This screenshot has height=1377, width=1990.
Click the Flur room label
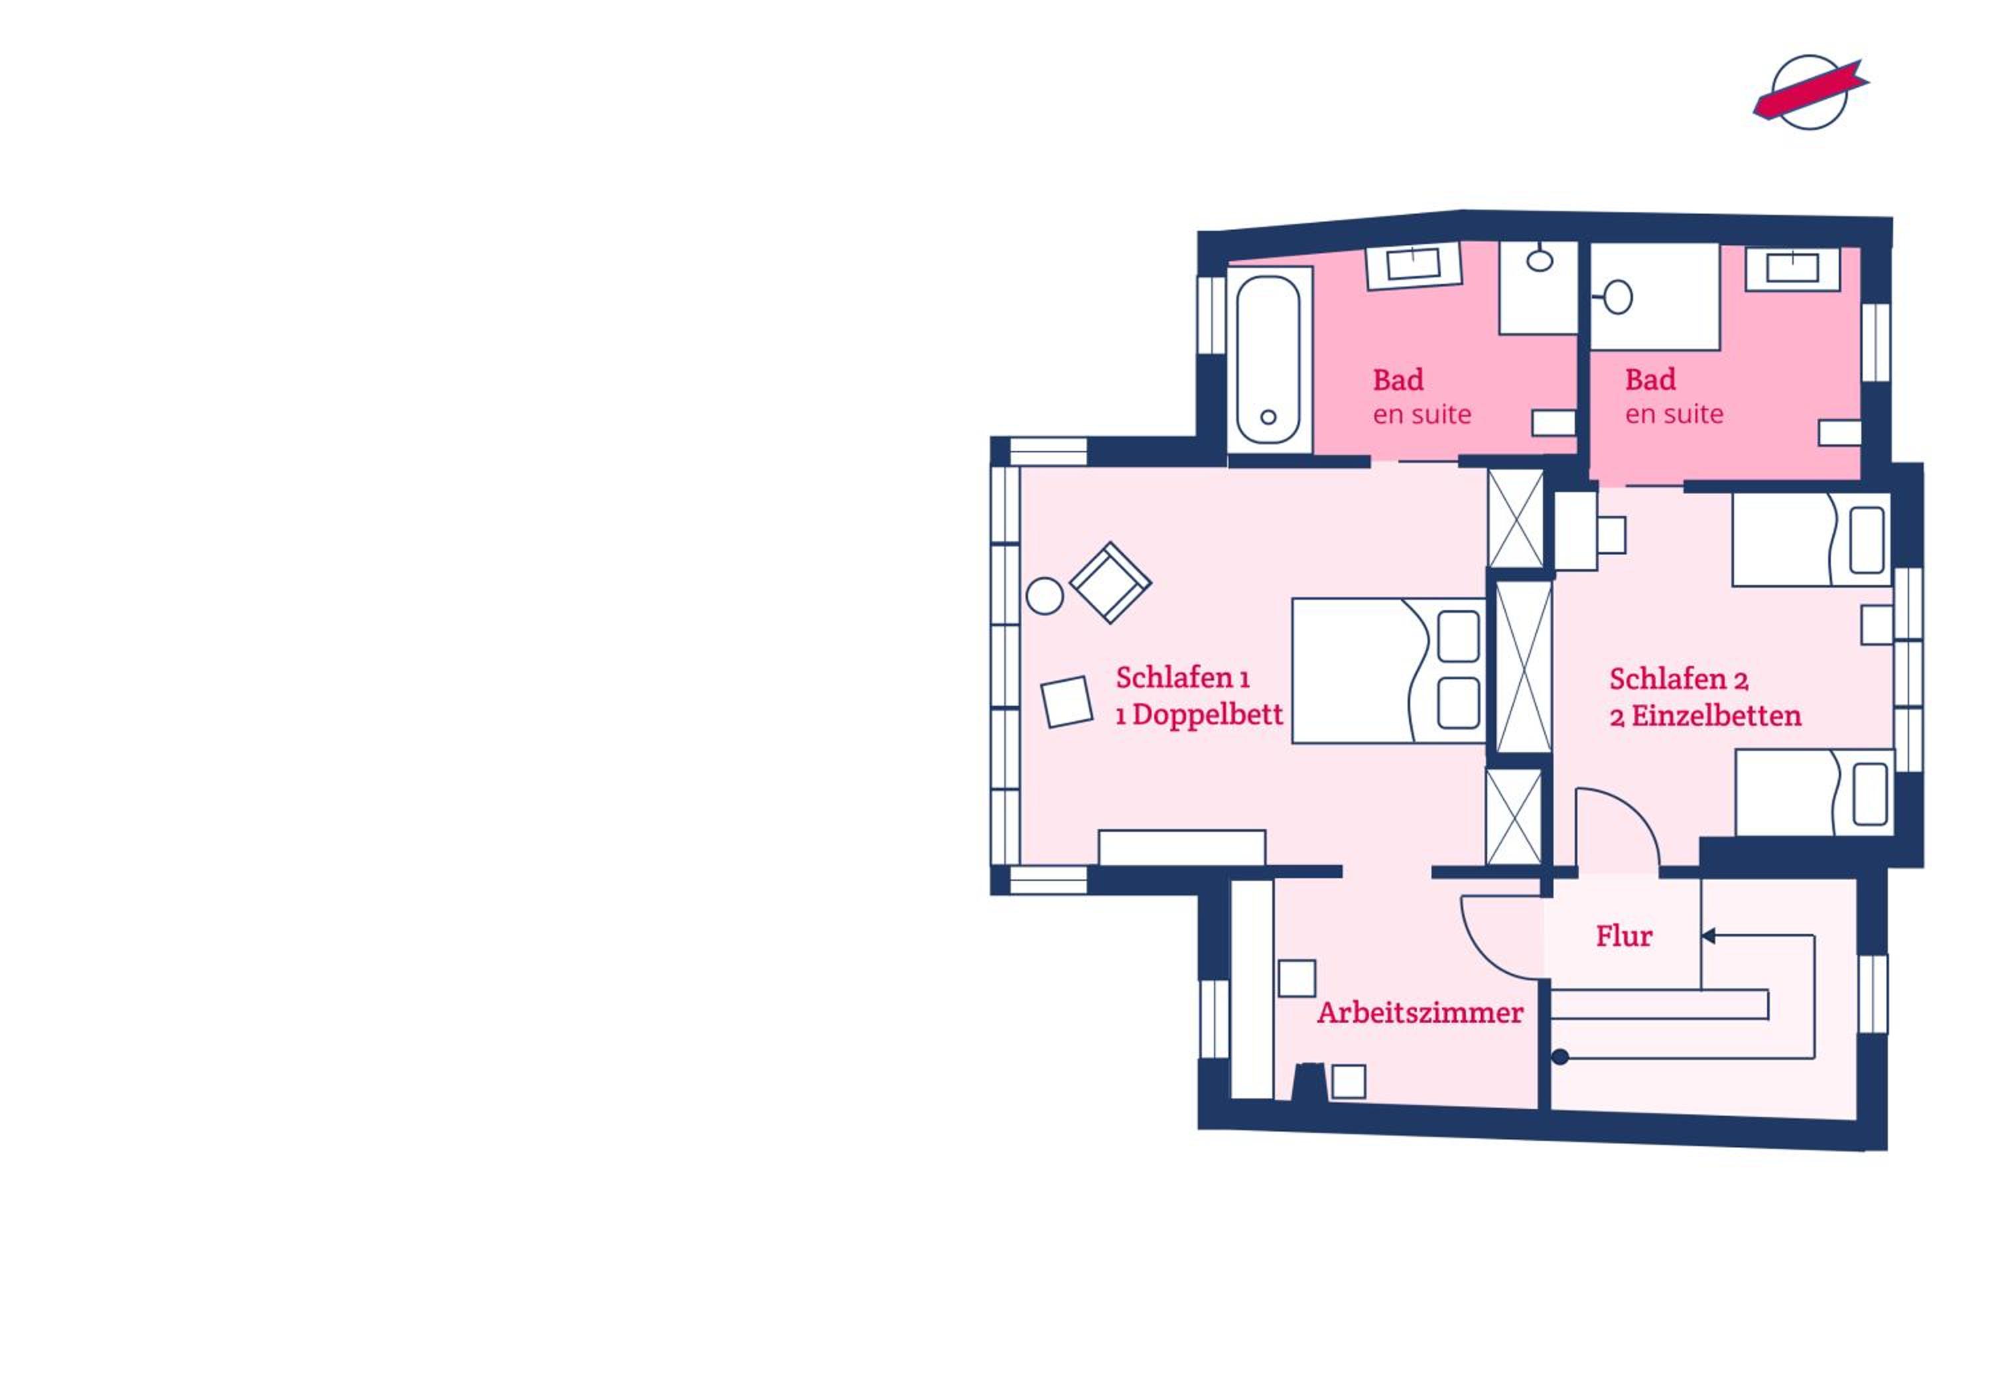[x=1623, y=936]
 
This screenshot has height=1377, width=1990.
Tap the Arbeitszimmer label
[x=1420, y=1013]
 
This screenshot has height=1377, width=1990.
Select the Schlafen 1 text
[x=1183, y=678]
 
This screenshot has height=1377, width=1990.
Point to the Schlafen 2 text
[x=1679, y=680]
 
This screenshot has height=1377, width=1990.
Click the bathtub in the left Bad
[x=1269, y=360]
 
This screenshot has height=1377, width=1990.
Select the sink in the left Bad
[x=1413, y=265]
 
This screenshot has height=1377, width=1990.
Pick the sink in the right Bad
[x=1792, y=269]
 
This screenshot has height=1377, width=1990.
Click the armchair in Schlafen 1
[x=1110, y=582]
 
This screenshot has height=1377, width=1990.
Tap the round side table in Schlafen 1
[x=1045, y=596]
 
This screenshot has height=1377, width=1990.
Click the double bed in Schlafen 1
[x=1388, y=671]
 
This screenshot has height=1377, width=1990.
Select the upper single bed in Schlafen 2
[x=1812, y=539]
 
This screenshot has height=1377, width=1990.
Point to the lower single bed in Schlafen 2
[x=1815, y=792]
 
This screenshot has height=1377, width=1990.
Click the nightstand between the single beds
[x=1877, y=625]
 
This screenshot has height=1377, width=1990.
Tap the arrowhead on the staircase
[x=1708, y=936]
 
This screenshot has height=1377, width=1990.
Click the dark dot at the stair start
[x=1559, y=1057]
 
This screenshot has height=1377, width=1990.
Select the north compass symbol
[x=1810, y=92]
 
